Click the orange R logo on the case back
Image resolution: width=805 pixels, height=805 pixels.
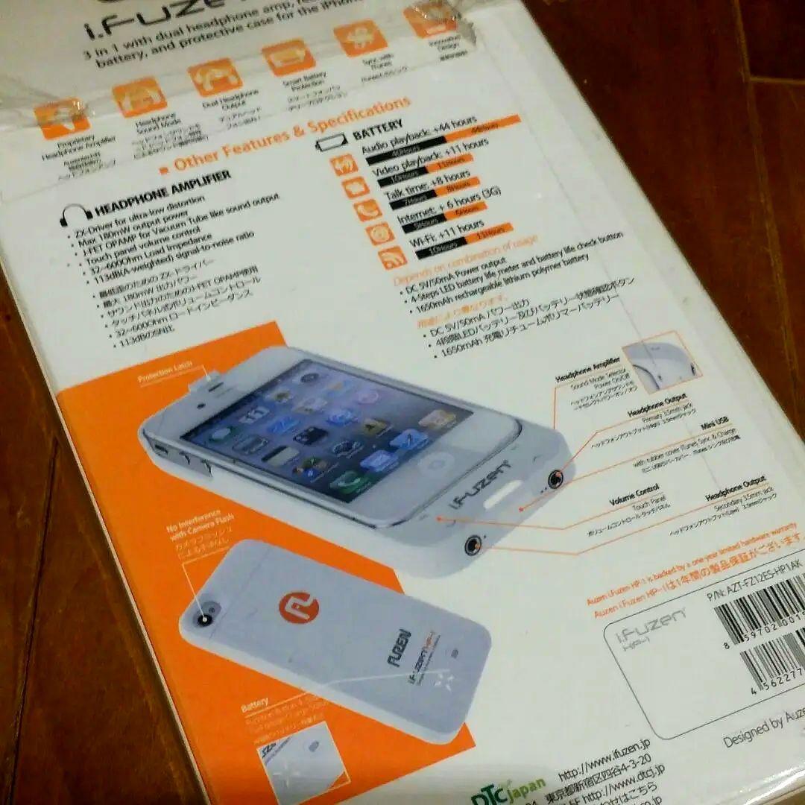(x=299, y=607)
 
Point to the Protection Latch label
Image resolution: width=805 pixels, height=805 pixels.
(x=165, y=373)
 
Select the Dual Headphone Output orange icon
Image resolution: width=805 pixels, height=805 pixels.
(x=215, y=77)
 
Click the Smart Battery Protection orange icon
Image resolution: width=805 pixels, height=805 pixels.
(x=288, y=57)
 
